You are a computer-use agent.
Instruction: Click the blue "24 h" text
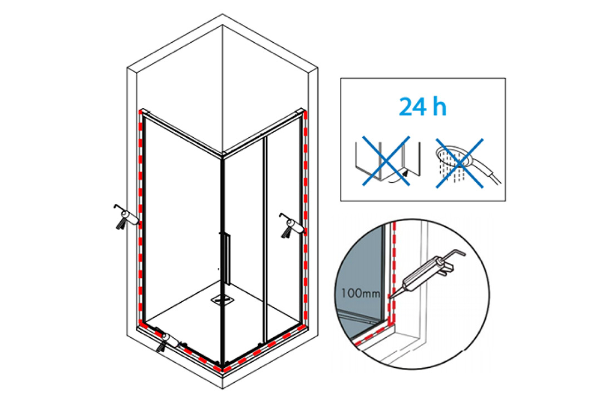tap(423, 107)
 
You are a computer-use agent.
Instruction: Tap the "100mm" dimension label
tap(360, 293)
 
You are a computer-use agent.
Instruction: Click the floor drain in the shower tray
tap(221, 299)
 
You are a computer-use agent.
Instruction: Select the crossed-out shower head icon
tap(460, 164)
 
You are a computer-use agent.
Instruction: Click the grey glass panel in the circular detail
tap(360, 268)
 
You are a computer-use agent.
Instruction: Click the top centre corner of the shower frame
tap(222, 154)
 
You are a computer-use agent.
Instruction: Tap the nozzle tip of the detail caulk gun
tap(389, 297)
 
